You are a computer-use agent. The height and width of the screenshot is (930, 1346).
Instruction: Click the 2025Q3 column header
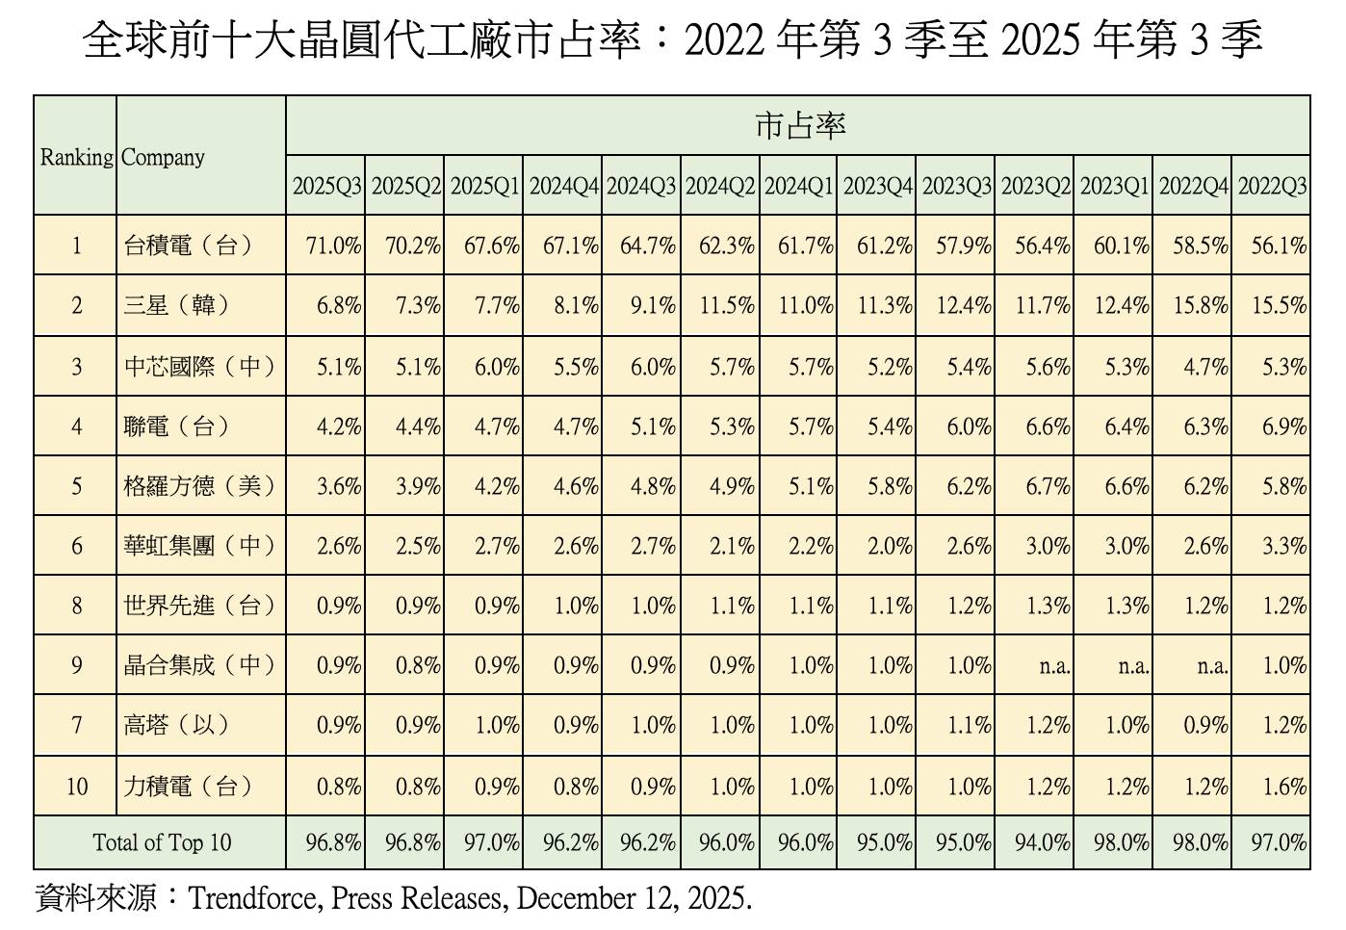tap(326, 186)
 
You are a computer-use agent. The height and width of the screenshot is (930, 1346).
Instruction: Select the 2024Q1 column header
tap(798, 186)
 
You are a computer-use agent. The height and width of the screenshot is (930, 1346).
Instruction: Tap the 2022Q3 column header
tap(1272, 186)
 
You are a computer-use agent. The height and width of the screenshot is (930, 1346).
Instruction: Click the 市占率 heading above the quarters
tap(798, 126)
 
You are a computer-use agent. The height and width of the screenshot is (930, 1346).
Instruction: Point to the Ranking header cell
tap(76, 157)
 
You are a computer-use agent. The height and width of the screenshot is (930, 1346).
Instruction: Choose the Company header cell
tap(164, 157)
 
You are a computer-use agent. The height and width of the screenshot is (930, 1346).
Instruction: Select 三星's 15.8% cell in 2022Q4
tap(1200, 306)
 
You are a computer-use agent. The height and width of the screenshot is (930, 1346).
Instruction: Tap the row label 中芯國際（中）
tap(199, 367)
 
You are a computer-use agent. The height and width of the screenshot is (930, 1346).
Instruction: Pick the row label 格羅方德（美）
tap(199, 486)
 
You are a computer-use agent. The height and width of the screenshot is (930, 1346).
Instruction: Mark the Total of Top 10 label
tap(162, 842)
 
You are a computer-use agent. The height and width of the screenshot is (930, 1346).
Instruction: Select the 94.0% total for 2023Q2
tap(1042, 842)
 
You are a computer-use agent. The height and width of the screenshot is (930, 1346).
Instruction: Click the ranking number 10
tap(76, 787)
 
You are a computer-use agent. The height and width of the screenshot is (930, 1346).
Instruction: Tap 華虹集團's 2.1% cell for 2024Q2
tap(732, 546)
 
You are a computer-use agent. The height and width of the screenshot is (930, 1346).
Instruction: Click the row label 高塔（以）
tap(176, 725)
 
